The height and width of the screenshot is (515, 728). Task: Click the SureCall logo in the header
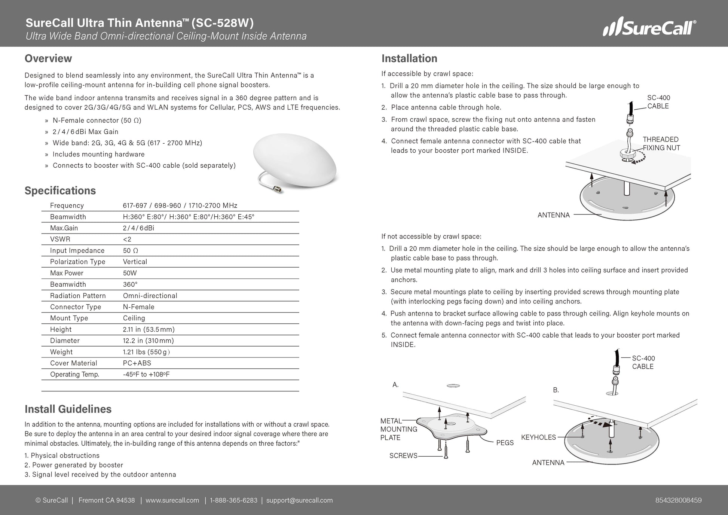(649, 27)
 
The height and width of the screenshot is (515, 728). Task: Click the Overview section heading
(48, 58)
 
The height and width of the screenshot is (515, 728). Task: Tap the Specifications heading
(60, 191)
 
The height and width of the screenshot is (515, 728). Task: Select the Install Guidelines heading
(68, 409)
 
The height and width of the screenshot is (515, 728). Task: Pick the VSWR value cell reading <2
(127, 239)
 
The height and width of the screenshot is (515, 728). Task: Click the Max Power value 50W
(130, 273)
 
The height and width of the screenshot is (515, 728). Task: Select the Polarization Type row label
(77, 262)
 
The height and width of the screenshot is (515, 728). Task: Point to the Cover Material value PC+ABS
(137, 363)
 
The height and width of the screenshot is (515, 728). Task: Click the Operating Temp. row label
(74, 374)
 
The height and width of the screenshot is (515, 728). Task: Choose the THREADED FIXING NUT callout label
(661, 144)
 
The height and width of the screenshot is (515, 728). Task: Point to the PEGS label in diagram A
(505, 443)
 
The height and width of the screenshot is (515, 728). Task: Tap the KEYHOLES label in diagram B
(538, 437)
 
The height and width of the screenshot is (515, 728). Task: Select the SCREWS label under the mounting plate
(403, 455)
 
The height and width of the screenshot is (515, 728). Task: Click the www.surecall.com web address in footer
(172, 500)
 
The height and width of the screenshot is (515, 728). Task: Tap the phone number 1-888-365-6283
(234, 500)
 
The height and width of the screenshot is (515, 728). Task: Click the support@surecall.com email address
(299, 500)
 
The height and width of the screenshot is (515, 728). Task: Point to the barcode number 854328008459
(678, 500)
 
